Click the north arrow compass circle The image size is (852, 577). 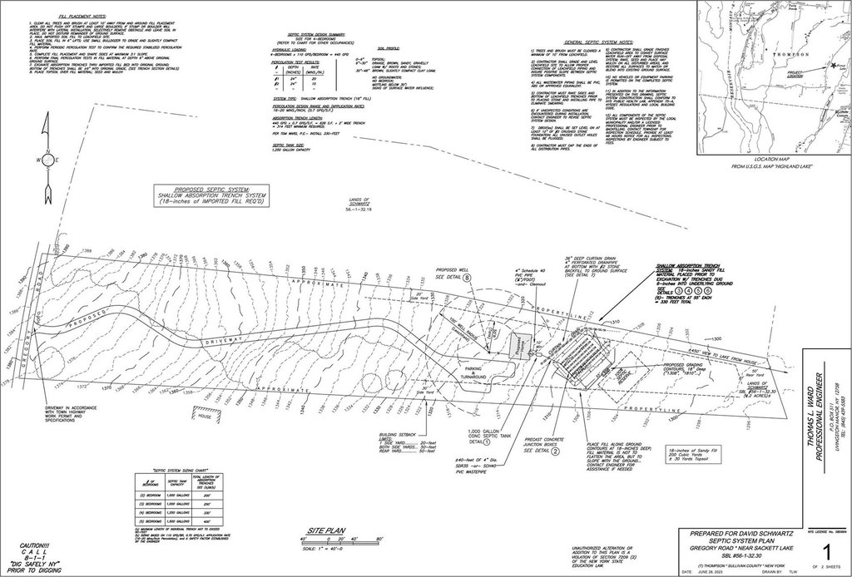pyautogui.click(x=48, y=160)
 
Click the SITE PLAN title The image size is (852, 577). pyautogui.click(x=325, y=529)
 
